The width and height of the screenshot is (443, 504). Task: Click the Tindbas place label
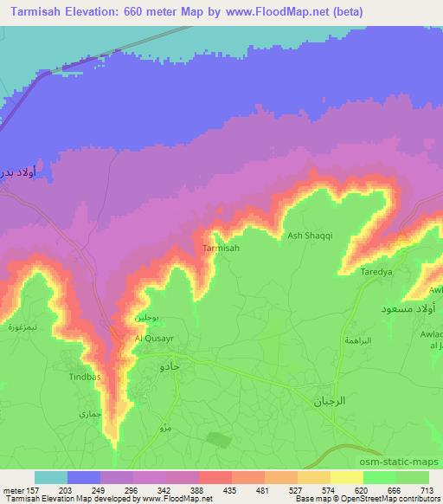click(86, 378)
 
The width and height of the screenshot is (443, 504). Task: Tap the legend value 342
click(149, 489)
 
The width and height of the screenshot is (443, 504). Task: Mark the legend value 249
click(83, 489)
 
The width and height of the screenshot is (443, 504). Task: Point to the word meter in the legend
click(15, 489)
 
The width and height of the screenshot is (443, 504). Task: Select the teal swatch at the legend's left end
click(50, 477)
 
